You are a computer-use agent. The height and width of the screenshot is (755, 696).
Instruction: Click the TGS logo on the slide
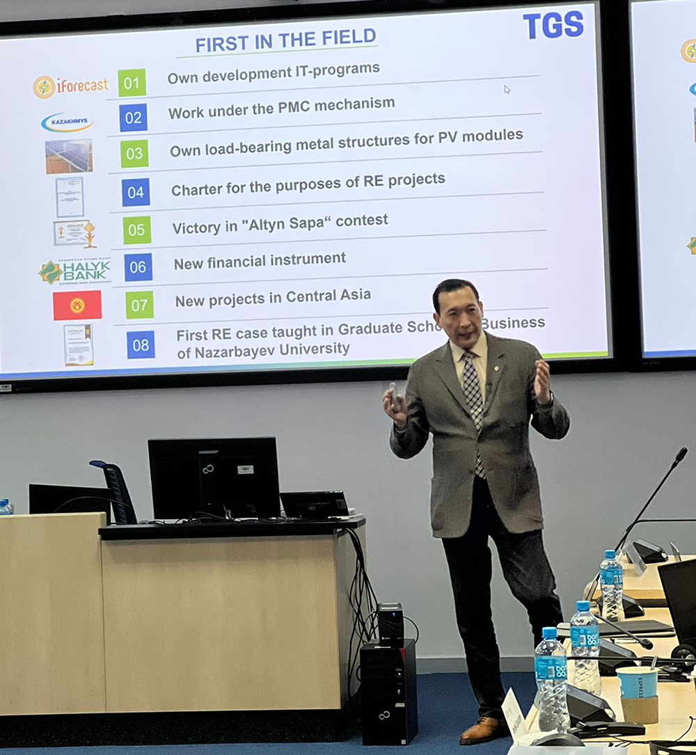point(553,25)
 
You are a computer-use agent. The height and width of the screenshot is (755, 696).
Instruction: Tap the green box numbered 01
point(132,83)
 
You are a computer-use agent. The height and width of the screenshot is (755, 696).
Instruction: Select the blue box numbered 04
point(136,192)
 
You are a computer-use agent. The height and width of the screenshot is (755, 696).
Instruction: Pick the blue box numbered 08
point(141,344)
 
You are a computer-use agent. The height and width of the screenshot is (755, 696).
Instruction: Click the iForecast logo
point(70,86)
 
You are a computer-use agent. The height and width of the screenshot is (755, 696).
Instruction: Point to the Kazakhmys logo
point(66,122)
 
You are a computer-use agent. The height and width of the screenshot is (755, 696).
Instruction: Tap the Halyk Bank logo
point(74,271)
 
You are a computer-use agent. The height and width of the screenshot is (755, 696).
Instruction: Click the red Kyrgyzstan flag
point(77,305)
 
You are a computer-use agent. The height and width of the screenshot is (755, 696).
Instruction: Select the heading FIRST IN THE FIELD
point(285,40)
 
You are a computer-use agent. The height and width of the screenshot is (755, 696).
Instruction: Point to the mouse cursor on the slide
point(507,89)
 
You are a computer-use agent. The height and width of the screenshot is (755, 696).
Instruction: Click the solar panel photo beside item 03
point(69,156)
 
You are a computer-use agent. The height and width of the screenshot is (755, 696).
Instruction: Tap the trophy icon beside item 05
point(89,235)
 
